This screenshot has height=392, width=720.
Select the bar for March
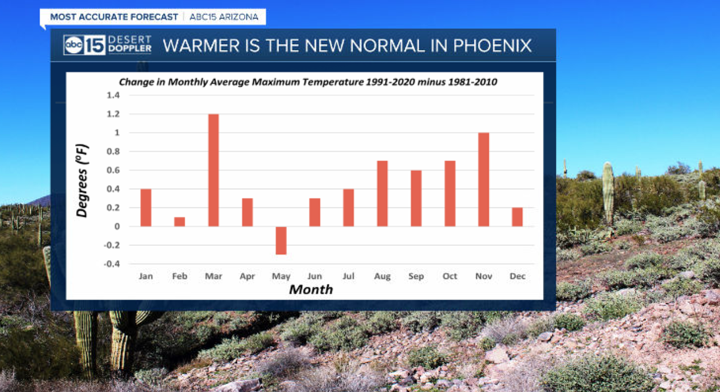[213, 170]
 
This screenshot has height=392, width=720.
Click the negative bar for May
[281, 240]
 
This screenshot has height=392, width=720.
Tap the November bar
[484, 180]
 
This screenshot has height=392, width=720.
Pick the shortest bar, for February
[180, 222]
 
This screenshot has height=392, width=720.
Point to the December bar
[517, 217]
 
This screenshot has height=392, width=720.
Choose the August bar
[382, 193]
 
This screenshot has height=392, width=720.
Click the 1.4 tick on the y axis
[113, 95]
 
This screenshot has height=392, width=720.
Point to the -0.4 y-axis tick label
[112, 264]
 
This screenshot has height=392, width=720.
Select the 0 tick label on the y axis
[117, 227]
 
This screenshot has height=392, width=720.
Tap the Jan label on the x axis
[146, 276]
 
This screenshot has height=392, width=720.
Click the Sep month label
[416, 276]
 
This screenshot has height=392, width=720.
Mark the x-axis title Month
[311, 289]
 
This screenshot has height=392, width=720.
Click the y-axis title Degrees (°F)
[82, 180]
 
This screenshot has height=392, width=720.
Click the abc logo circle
[73, 45]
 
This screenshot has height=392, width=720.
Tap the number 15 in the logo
[94, 45]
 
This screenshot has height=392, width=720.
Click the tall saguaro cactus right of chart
[607, 193]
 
